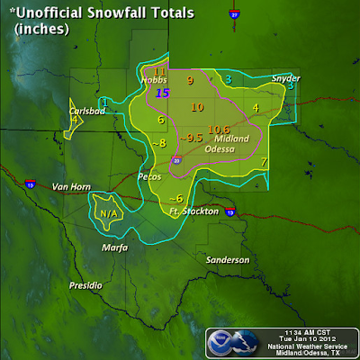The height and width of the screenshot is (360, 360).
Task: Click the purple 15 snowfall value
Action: (162, 92)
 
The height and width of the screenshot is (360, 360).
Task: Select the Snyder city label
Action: (286, 78)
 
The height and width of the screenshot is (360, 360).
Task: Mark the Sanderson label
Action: (227, 259)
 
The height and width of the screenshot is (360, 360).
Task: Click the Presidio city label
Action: (87, 285)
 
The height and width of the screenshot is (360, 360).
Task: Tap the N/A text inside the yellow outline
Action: (109, 213)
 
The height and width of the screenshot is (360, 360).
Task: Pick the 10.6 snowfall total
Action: (219, 129)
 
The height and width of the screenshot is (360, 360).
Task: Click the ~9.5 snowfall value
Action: (192, 138)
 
